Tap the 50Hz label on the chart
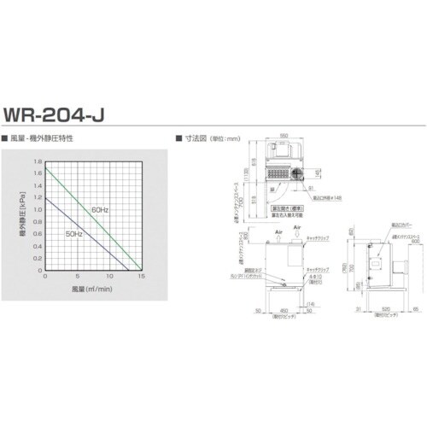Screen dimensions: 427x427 tap(72, 232)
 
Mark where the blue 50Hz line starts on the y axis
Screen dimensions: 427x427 tap(45, 197)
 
